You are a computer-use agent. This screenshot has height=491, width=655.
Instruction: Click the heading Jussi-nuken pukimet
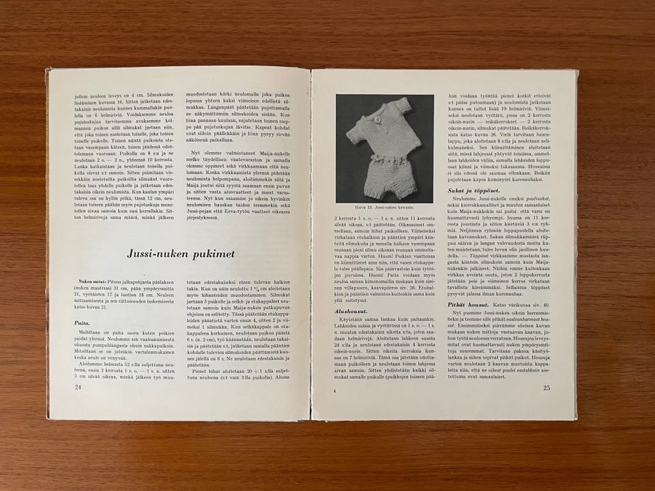coord(181,254)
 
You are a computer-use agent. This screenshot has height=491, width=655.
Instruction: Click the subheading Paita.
coord(83,325)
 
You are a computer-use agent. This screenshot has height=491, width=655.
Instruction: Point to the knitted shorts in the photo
coord(386,167)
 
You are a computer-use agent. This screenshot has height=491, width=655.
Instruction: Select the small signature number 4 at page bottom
coord(335,389)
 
